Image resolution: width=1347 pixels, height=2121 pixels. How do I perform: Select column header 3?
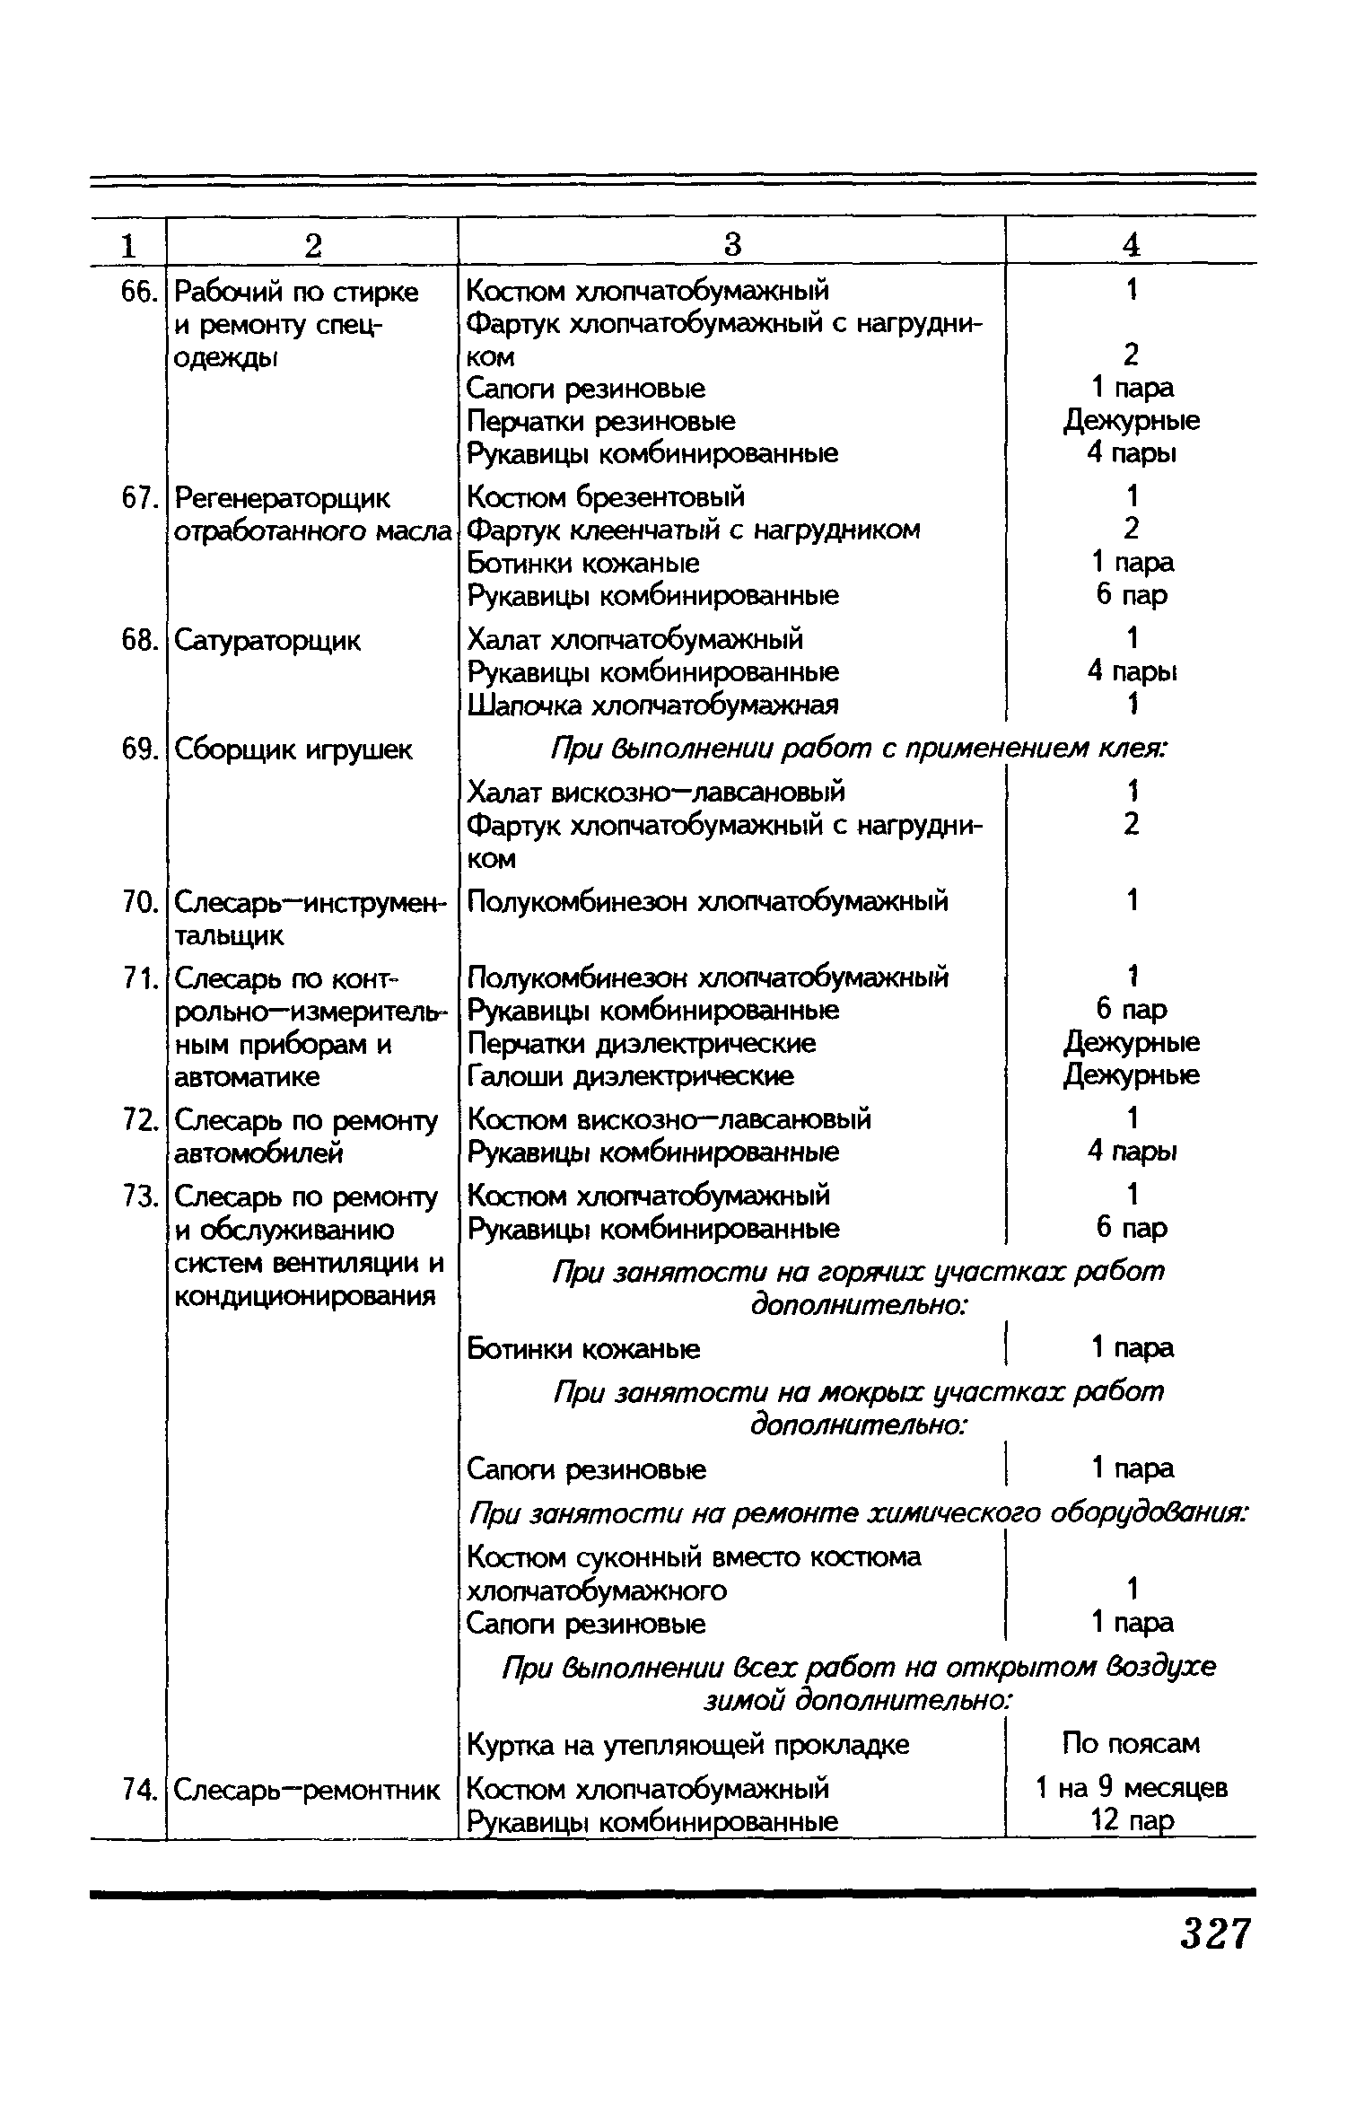point(732,244)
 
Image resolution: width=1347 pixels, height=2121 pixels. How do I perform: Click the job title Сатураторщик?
point(267,641)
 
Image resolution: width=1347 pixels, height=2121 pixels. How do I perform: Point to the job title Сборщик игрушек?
point(293,749)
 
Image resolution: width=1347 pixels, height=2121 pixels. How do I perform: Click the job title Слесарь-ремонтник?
point(307,1790)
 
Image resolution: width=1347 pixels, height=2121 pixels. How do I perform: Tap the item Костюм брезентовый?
point(607,496)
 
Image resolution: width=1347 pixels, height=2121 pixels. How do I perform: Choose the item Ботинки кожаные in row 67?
point(583,563)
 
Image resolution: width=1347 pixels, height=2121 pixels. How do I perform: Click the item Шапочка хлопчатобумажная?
point(653,705)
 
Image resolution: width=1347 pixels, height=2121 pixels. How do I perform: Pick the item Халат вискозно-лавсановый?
point(657,792)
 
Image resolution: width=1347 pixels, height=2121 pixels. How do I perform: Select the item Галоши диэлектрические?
point(631,1075)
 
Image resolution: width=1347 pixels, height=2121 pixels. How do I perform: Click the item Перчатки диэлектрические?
point(643,1043)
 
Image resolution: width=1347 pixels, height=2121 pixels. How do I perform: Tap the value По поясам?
point(1131,1744)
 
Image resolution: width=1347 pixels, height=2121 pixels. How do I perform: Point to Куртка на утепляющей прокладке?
point(688,1745)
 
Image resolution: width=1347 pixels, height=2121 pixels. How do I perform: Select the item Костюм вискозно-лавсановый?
point(669,1119)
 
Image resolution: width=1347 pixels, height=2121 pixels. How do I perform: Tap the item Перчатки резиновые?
point(601,421)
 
